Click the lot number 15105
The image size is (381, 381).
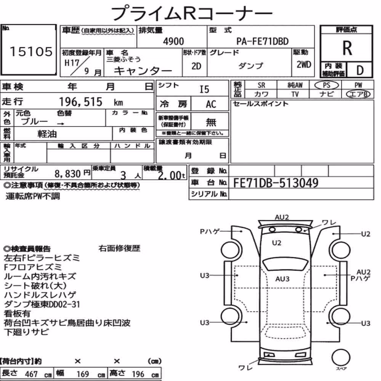[x=31, y=51]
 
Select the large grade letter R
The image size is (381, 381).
[x=347, y=48]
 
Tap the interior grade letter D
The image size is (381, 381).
[x=360, y=70]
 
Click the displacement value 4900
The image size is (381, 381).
[x=173, y=41]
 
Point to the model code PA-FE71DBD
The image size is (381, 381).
[x=263, y=41]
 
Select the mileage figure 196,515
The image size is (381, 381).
[x=81, y=102]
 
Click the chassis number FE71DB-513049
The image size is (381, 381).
[x=276, y=183]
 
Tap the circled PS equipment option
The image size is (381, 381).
[x=327, y=85]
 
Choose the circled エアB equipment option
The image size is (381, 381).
[x=358, y=94]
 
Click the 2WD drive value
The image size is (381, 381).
[x=304, y=65]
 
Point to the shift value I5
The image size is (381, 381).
[x=204, y=90]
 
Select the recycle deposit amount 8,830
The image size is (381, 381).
[x=67, y=174]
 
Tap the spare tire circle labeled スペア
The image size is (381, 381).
[x=341, y=357]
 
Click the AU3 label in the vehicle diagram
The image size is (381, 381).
[x=282, y=279]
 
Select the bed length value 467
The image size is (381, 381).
[x=31, y=374]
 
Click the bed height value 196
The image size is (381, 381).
[x=138, y=374]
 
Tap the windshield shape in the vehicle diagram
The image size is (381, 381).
[x=285, y=264]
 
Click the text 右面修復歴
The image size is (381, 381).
[x=119, y=248]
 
